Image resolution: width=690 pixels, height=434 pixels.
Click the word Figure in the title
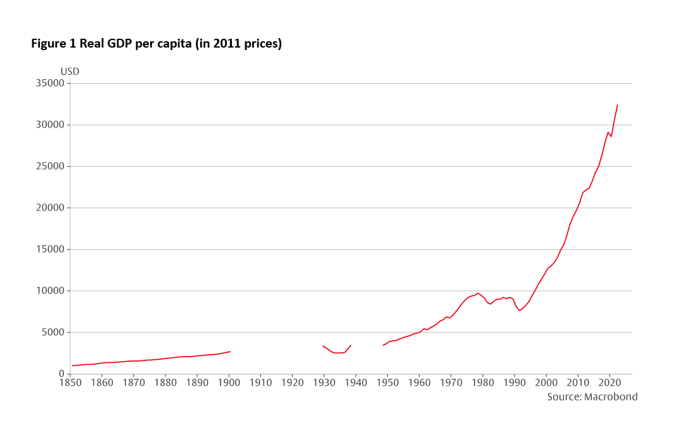click(48, 44)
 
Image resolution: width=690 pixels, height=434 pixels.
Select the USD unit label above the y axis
click(70, 71)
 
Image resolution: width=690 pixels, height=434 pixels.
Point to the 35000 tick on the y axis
click(51, 83)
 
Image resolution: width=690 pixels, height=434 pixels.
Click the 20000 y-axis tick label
click(51, 207)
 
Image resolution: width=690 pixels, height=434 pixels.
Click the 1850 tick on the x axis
click(70, 383)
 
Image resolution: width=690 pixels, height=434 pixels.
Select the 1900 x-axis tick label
click(229, 383)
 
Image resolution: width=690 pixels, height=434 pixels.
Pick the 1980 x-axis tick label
click(483, 383)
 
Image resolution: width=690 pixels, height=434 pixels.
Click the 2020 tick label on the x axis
click(610, 383)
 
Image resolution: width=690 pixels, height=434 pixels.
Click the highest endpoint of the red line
click(617, 105)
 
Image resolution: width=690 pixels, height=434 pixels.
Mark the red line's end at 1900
click(230, 352)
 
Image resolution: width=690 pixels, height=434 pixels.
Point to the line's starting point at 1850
click(72, 365)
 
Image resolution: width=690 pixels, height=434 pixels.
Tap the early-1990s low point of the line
click(520, 310)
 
